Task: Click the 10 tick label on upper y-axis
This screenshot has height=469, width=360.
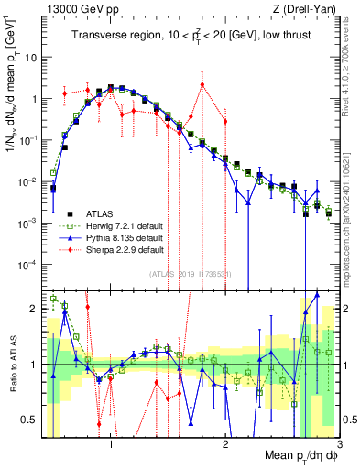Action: point(29,57)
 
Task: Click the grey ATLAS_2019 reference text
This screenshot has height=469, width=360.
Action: point(191,273)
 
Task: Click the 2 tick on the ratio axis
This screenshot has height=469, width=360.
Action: point(34,309)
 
